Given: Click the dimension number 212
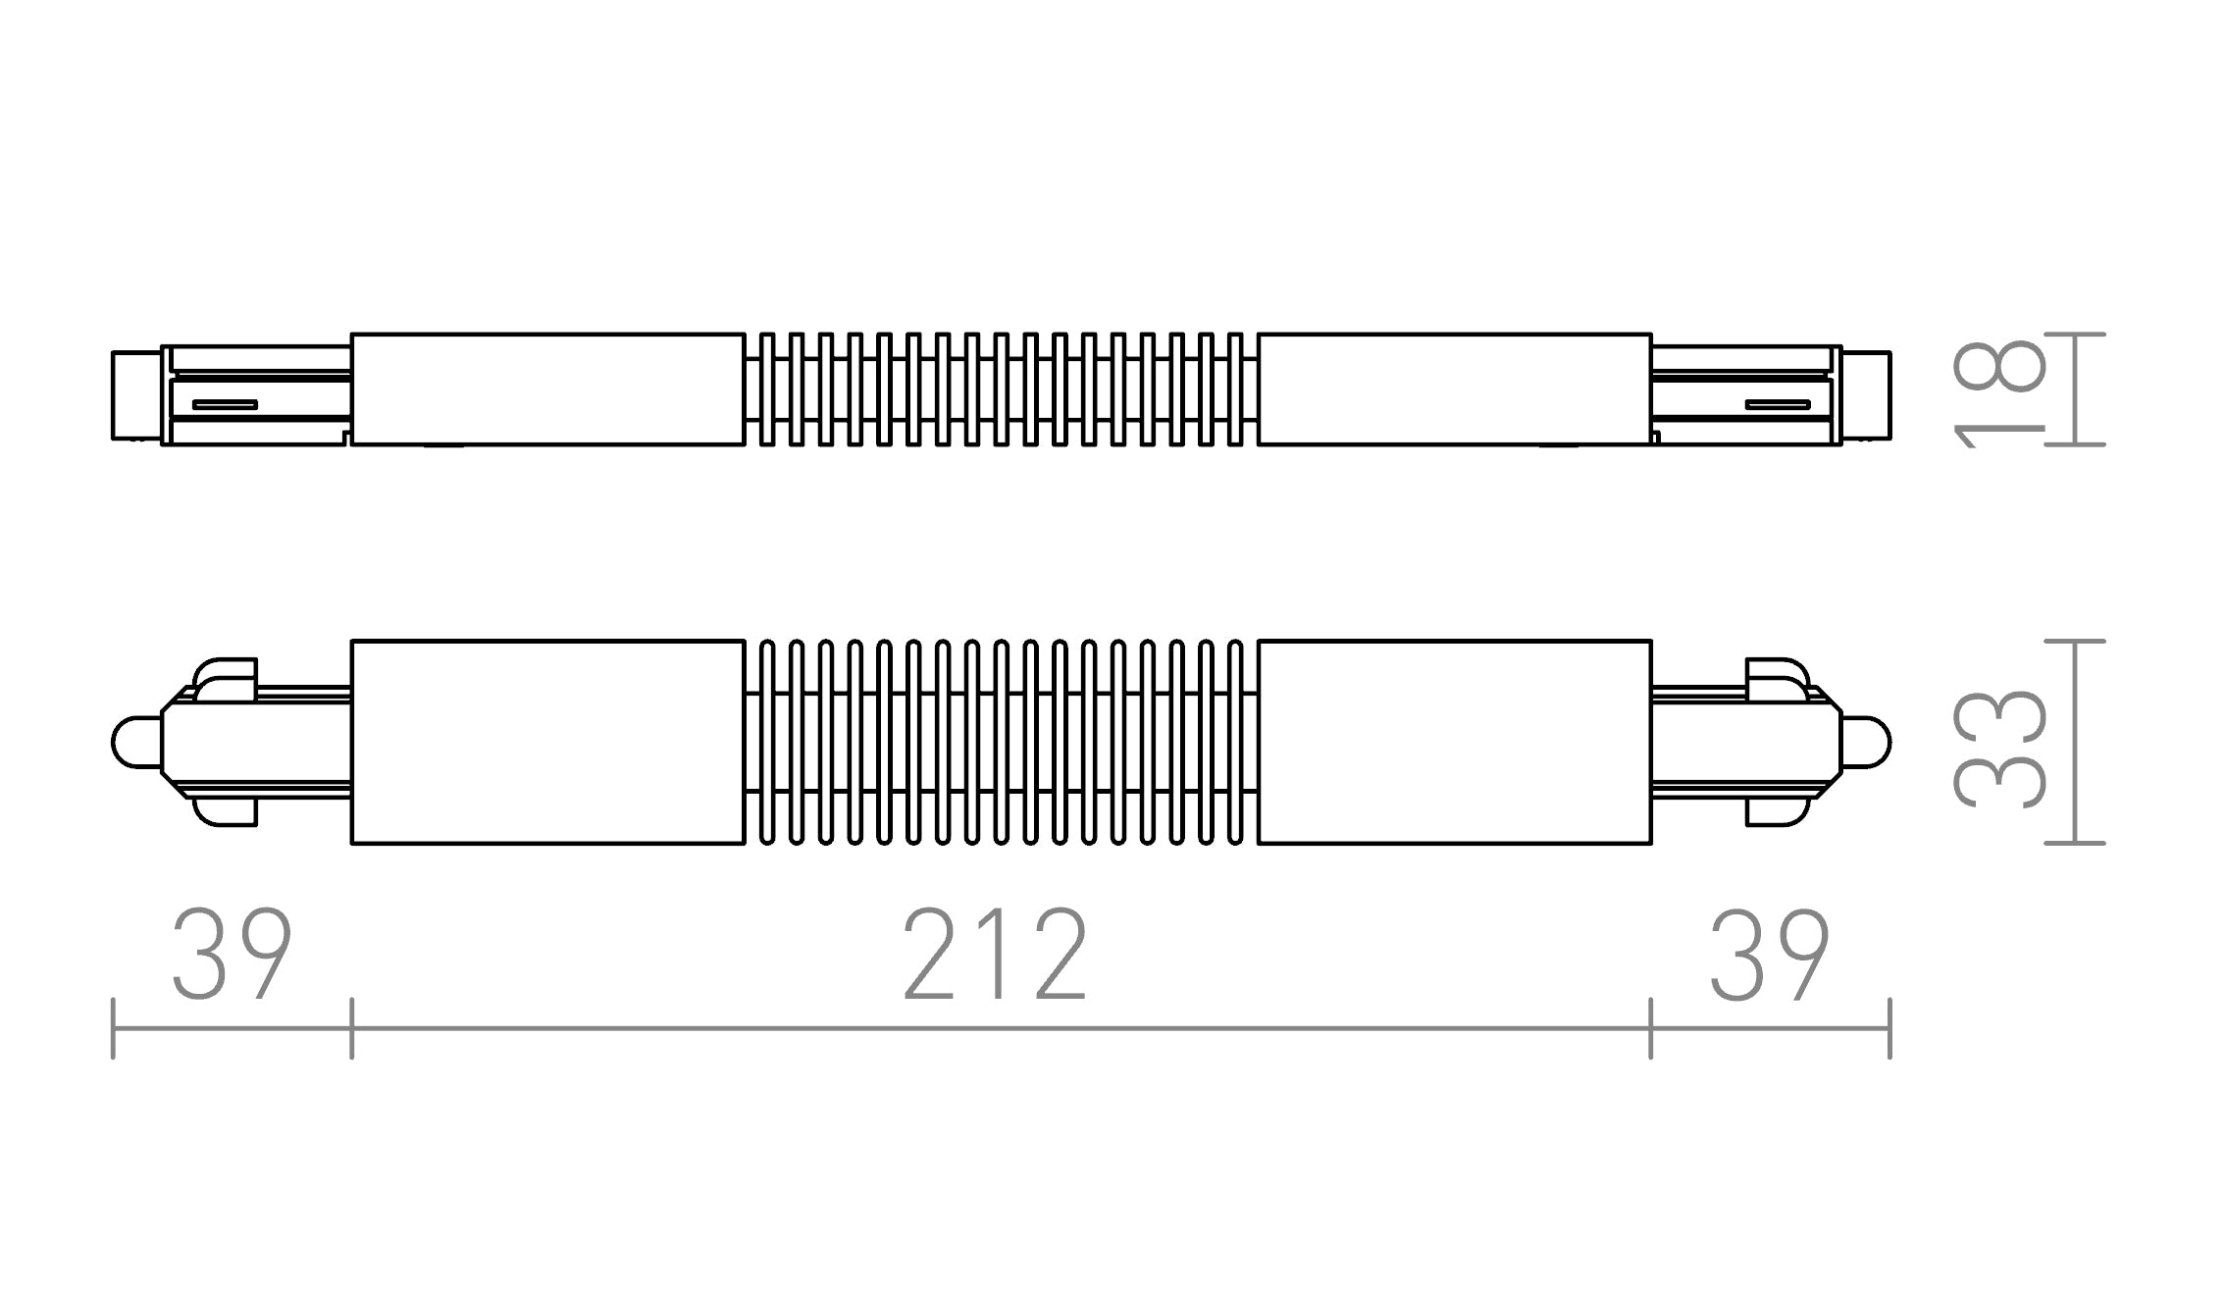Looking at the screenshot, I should coord(994,955).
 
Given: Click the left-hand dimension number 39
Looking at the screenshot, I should coord(232,955).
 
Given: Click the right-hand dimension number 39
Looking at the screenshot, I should coord(1769,955).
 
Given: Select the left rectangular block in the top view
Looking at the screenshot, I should coord(547,389).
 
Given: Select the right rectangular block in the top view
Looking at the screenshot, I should coord(1454,389).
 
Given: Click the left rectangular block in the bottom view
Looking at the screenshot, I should coord(547,742).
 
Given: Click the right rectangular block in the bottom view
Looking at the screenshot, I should coord(1454,742).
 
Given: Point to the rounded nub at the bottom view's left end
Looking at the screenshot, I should coord(134,742).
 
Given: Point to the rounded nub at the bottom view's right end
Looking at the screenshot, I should coord(1867,742).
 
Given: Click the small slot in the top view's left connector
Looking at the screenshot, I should coord(225,404).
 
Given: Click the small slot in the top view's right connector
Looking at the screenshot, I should coord(1778,404).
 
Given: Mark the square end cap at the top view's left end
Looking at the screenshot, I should coord(135,394).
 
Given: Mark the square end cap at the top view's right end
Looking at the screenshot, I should coord(1866,394).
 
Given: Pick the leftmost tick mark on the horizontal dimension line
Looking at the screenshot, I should coord(114,1028).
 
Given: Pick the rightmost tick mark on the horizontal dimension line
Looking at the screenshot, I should coord(1889,1028).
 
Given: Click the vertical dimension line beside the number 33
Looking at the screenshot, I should coord(2075,742).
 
